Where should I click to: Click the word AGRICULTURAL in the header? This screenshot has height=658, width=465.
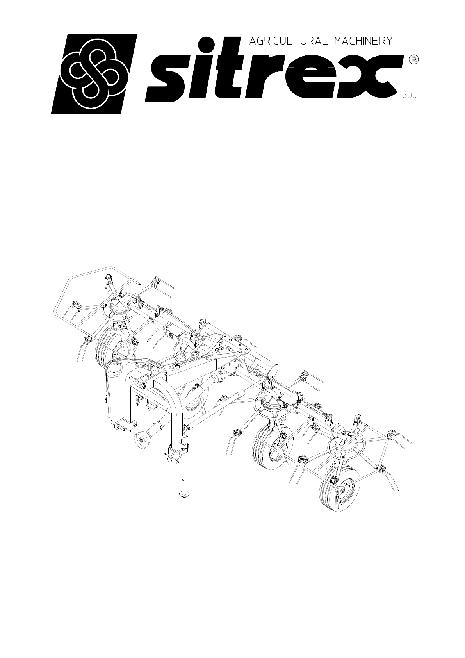pyautogui.click(x=288, y=41)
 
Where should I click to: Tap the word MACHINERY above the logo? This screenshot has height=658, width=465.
pyautogui.click(x=363, y=41)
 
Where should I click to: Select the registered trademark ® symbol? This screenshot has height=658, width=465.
pyautogui.click(x=414, y=59)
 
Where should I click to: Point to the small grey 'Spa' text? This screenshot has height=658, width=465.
pyautogui.click(x=409, y=95)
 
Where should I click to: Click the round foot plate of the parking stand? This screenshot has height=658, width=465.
pyautogui.click(x=185, y=495)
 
